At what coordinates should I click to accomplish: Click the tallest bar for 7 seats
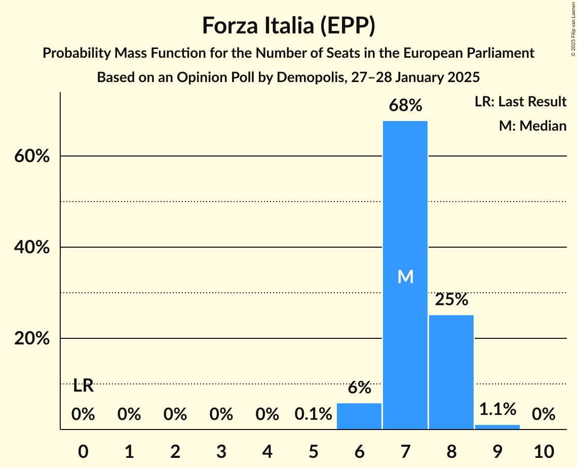(405, 228)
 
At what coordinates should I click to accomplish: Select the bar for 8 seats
(451, 372)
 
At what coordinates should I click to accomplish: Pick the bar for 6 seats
(359, 416)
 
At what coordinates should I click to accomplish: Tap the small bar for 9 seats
(497, 427)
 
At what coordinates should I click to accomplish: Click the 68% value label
(405, 105)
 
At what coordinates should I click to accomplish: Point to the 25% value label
(451, 299)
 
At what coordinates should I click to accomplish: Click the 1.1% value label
(497, 408)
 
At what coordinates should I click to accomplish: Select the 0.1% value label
(313, 414)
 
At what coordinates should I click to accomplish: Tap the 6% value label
(359, 387)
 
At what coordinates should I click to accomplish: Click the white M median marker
(405, 277)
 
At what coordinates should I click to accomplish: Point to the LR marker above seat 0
(83, 386)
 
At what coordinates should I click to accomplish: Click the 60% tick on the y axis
(32, 156)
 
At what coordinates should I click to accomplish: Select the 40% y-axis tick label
(32, 247)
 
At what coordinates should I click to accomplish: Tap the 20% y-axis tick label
(32, 338)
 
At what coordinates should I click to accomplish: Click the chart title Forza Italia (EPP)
(288, 25)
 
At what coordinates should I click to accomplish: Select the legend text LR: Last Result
(520, 102)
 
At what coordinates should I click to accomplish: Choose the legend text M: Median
(532, 126)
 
